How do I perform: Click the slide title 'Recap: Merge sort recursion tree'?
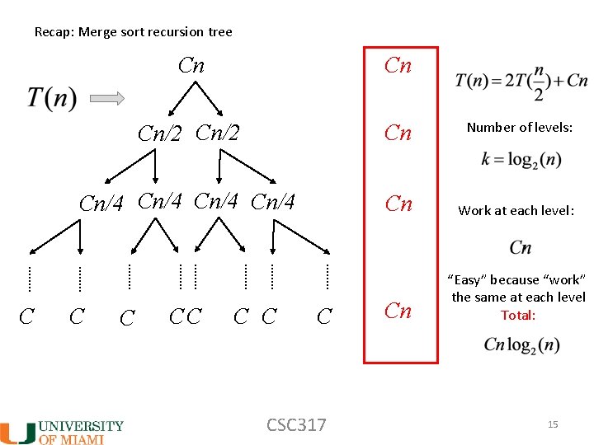[x=133, y=32]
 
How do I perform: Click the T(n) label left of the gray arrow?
[x=51, y=98]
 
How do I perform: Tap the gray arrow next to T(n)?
[x=106, y=98]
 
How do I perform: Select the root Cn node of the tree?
[x=191, y=66]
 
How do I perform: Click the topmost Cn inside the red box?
[x=398, y=66]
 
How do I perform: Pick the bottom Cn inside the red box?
[x=398, y=311]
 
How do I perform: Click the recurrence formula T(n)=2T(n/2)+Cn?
[x=521, y=82]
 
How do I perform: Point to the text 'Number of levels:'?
[x=520, y=127]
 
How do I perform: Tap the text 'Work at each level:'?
[x=516, y=210]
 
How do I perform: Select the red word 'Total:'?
[x=518, y=315]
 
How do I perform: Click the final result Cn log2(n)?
[x=521, y=344]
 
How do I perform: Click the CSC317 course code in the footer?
[x=296, y=425]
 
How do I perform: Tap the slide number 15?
[x=553, y=424]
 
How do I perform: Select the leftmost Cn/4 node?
[x=101, y=204]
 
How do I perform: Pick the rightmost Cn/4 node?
[x=272, y=201]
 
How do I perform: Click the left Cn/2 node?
[x=159, y=133]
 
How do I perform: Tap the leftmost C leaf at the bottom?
[x=26, y=316]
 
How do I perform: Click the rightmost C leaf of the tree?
[x=325, y=316]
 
